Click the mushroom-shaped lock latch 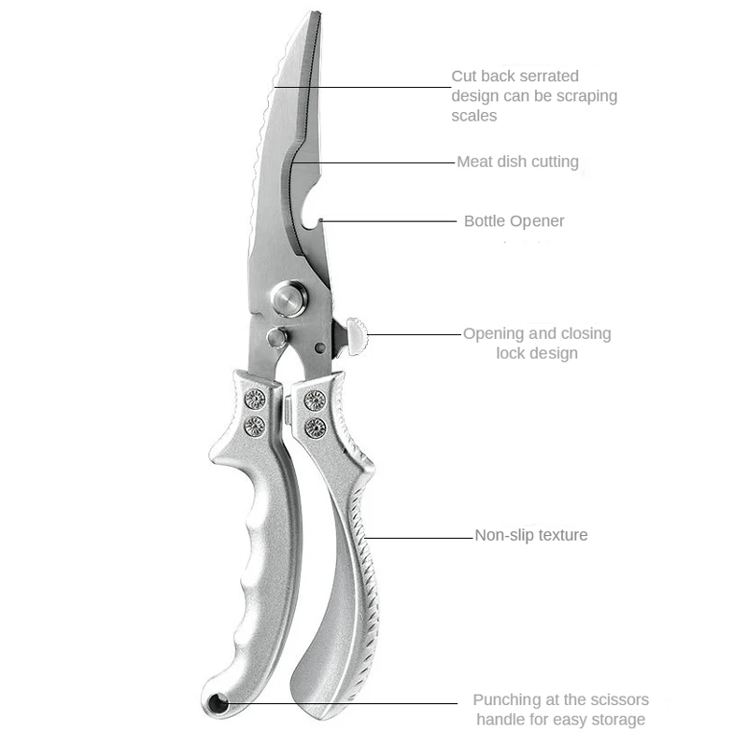(x=356, y=333)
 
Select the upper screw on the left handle (x=255, y=400)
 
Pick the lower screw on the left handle (x=255, y=427)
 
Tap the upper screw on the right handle (x=316, y=401)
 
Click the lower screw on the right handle (x=316, y=428)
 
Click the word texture (x=562, y=535)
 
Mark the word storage (x=612, y=719)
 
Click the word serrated (x=546, y=76)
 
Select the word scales (x=474, y=116)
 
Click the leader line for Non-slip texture (x=420, y=537)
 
